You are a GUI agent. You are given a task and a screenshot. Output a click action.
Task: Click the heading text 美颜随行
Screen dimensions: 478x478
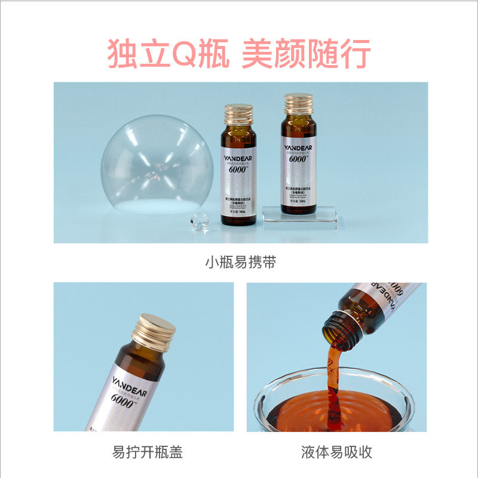tap(306, 54)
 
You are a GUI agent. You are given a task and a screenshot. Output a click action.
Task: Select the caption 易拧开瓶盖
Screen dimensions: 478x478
tap(148, 452)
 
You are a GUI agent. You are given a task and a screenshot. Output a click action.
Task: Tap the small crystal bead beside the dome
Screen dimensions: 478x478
tap(198, 221)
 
